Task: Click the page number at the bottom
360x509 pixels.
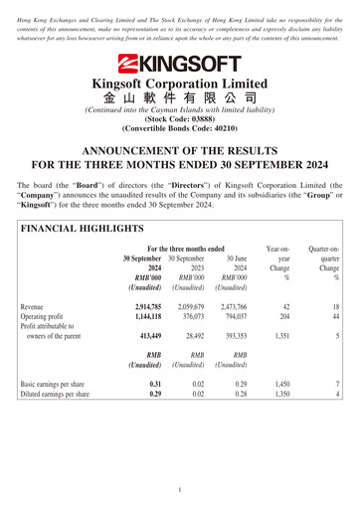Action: (x=180, y=489)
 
